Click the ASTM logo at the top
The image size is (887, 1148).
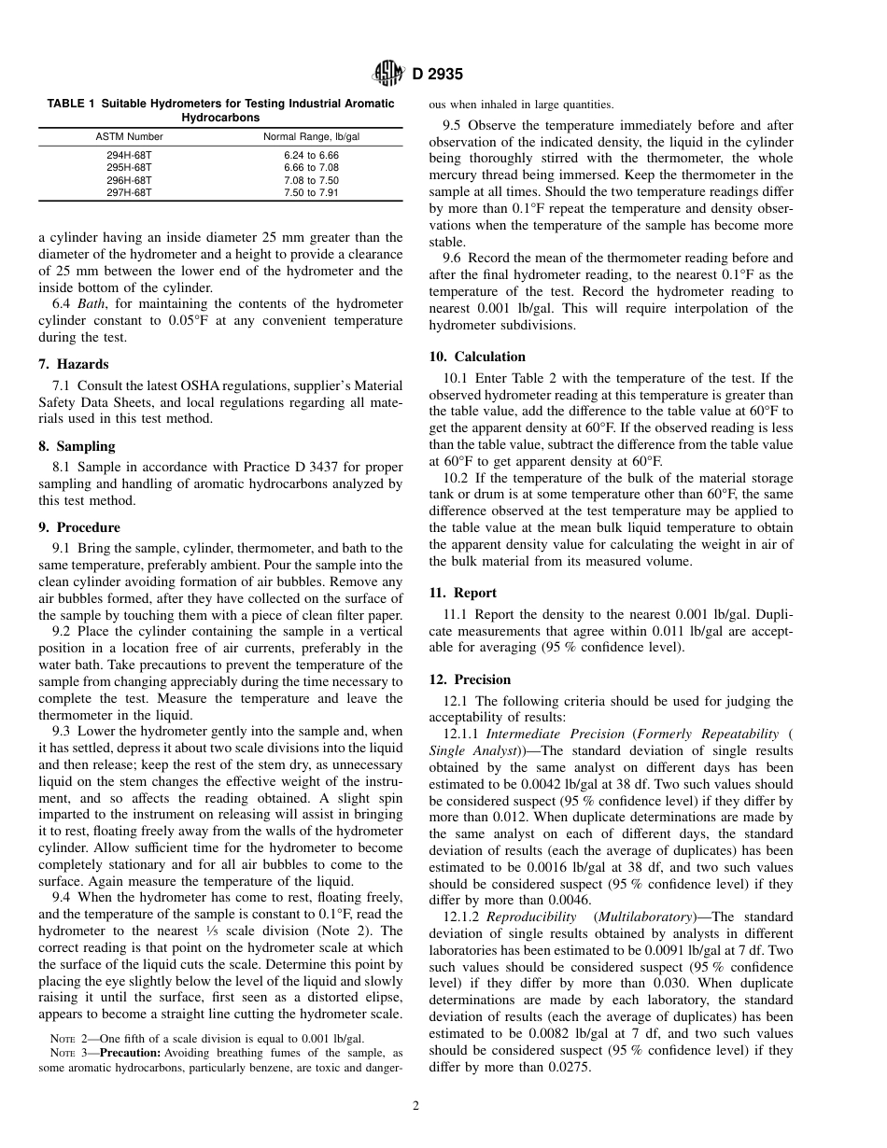pos(387,74)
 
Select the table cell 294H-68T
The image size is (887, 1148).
pos(129,155)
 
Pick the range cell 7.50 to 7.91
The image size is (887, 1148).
pos(312,192)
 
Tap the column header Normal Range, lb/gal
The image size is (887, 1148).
pos(312,136)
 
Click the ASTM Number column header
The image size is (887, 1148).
pos(129,136)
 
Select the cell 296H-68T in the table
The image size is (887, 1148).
pos(129,180)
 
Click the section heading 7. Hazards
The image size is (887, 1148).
pos(74,364)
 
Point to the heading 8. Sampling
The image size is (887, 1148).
pos(77,446)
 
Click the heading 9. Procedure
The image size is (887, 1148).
pos(79,527)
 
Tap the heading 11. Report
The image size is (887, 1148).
pos(462,593)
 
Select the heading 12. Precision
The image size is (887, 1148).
pos(470,679)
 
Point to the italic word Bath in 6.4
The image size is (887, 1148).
pos(92,304)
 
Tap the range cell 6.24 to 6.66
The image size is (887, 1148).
pos(312,155)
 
